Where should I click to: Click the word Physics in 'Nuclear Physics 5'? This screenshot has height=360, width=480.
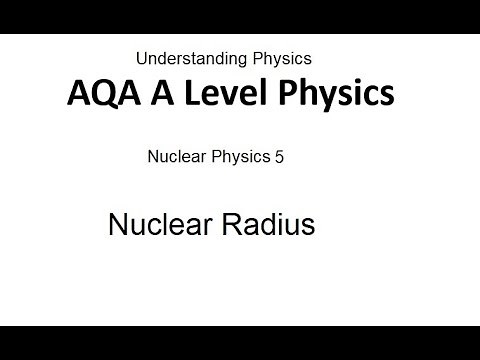click(x=235, y=158)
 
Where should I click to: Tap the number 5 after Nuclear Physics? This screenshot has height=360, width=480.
click(x=279, y=157)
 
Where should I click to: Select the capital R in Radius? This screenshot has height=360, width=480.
click(x=222, y=225)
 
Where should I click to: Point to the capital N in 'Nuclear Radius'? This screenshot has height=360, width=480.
click(x=116, y=225)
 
